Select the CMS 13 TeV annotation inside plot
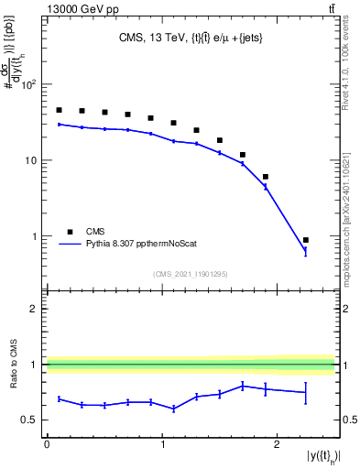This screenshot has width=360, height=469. coord(190,38)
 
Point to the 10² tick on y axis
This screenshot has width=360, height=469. coord(29,85)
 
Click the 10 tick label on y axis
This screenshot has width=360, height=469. coord(32,160)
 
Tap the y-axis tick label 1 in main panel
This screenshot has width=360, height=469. coord(36,236)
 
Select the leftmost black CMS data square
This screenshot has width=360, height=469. coord(59,110)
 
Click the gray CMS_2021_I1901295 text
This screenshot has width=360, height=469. coord(190,274)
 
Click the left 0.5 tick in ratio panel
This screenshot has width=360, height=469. coord(31,420)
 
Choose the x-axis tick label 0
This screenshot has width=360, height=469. coord(47,443)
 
